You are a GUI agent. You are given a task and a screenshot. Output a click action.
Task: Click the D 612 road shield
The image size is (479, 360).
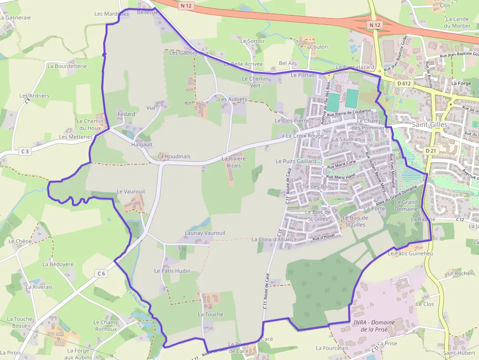[404, 84]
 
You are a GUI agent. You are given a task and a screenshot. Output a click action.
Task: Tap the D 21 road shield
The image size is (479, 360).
[431, 151]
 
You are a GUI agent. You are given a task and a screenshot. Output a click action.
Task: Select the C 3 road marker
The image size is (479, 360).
[25, 151]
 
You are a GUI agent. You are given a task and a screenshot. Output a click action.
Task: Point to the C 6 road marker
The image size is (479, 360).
[101, 274]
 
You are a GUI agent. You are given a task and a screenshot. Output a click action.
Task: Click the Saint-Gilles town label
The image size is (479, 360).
[429, 125]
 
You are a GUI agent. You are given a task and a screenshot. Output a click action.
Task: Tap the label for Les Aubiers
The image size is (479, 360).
[233, 99]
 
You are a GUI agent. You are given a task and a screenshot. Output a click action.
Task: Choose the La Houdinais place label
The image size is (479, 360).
[174, 157]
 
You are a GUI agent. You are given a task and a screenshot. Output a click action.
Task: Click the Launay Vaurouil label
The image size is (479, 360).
[205, 233]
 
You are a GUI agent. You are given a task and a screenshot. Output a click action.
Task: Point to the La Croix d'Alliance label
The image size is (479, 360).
[274, 239]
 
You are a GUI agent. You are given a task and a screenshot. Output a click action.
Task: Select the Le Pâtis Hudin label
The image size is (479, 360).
[172, 271]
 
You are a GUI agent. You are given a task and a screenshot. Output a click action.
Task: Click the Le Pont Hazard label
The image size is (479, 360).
[355, 67]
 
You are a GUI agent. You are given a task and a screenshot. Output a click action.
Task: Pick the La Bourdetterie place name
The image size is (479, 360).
[67, 66]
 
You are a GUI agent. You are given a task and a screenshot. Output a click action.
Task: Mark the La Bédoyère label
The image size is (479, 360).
[58, 264]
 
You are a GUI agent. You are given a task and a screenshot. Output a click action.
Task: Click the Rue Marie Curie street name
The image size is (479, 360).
[345, 165]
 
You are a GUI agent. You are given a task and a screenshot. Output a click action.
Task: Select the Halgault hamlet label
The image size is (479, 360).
[142, 145]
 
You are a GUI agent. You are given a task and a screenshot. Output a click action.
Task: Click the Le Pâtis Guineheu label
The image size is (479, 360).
[411, 254]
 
